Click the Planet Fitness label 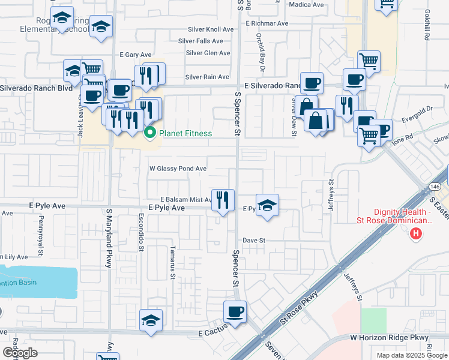185,133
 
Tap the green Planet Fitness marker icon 150,133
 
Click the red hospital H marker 414,233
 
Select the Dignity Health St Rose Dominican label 402,215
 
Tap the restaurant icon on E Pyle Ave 223,200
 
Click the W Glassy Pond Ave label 178,169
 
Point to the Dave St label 254,240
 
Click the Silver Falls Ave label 200,41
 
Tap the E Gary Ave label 135,55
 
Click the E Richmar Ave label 267,24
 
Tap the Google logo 19,353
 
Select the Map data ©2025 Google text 411,355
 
